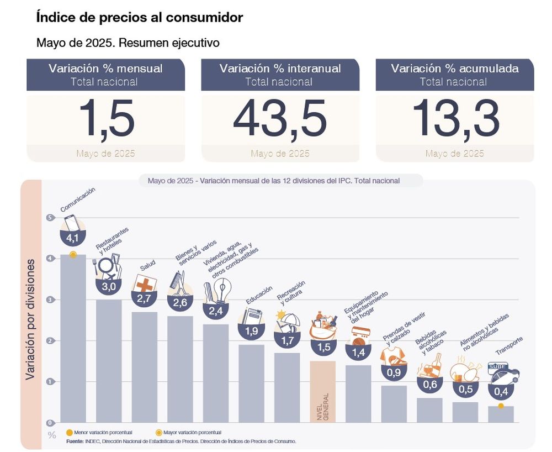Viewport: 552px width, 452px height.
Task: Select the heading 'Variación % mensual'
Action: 105,69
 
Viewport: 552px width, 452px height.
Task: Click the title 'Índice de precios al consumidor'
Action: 139,18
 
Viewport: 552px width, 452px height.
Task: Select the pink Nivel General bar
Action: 322,391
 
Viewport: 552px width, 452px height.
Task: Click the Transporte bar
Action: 501,414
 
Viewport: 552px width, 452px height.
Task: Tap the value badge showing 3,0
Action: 109,286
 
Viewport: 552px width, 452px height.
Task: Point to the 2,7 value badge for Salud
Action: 144,298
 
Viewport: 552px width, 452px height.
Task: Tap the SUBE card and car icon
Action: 503,373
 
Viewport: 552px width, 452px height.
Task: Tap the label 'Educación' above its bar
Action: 259,295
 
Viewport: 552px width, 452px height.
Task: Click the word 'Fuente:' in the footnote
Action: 75,442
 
